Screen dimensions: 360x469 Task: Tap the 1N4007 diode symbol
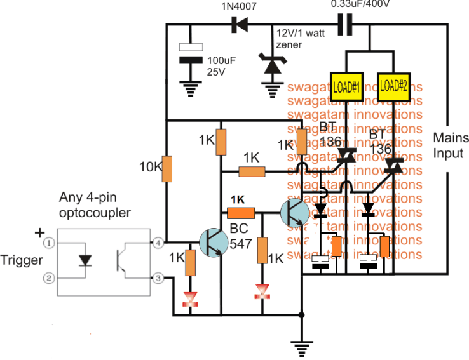click(x=240, y=25)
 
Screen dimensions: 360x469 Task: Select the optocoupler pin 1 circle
click(x=48, y=243)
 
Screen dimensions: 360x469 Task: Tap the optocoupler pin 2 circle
click(x=48, y=277)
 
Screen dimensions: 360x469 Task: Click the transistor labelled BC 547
click(x=214, y=243)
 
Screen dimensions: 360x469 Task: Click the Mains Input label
click(x=451, y=145)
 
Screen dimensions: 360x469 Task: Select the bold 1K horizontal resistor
click(x=241, y=213)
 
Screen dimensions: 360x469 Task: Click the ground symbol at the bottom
click(x=300, y=347)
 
